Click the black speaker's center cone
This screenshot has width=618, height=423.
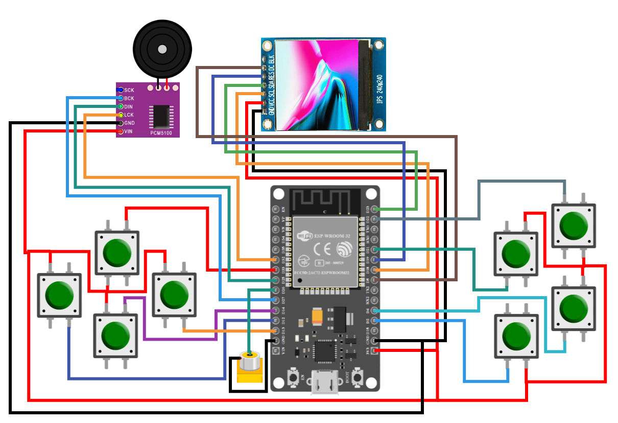tap(162, 49)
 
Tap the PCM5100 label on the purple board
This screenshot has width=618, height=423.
tap(161, 133)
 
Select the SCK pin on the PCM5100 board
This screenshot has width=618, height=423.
tap(121, 90)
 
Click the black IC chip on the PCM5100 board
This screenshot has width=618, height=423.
tap(160, 116)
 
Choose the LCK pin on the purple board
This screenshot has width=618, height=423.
tap(121, 115)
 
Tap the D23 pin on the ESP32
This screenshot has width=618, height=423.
tap(375, 209)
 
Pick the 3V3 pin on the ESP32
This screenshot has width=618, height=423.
tap(375, 350)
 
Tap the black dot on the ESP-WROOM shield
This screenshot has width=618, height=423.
tap(300, 281)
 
